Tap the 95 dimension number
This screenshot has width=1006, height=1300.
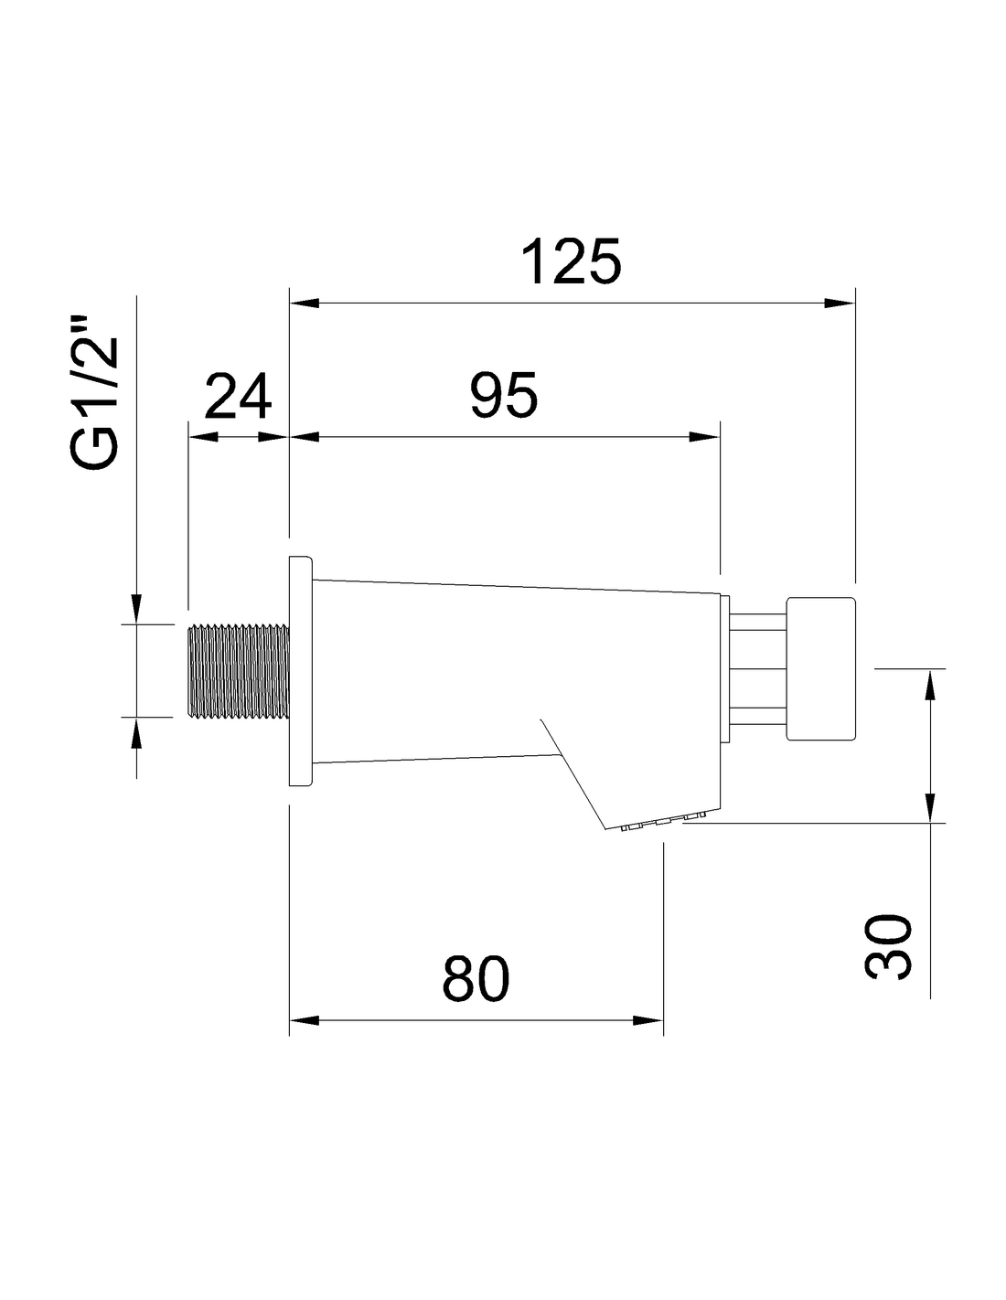[504, 396]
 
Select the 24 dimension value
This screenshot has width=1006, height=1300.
[238, 396]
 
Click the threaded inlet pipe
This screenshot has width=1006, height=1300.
[239, 671]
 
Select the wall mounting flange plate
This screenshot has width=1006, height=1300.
[301, 671]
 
